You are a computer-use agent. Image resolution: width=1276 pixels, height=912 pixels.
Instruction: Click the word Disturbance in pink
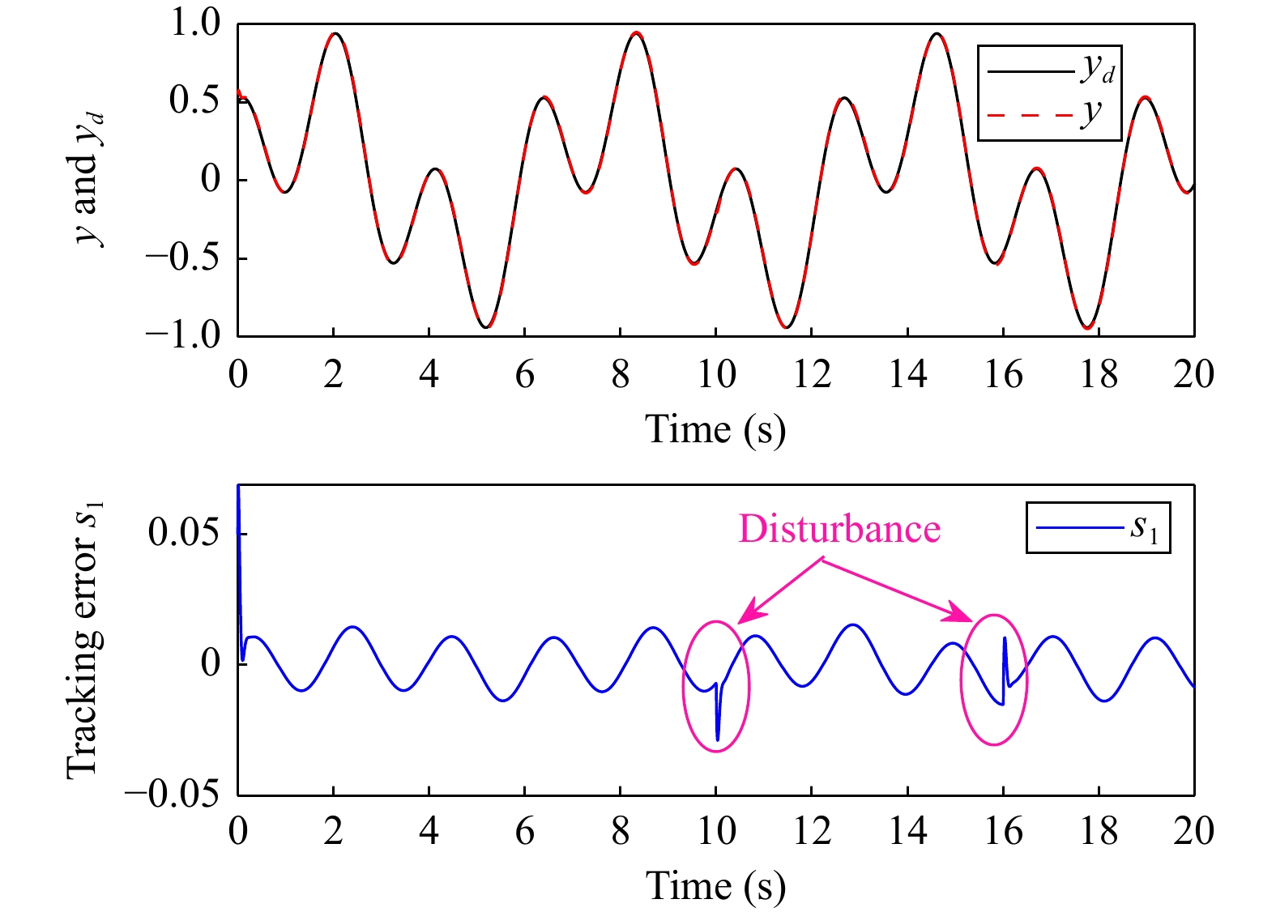[839, 529]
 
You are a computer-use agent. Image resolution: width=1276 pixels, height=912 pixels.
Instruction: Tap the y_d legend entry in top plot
[1050, 71]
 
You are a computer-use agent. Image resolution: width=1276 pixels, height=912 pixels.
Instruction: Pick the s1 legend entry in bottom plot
[1098, 528]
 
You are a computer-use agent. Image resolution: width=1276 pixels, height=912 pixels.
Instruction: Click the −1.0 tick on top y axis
[184, 334]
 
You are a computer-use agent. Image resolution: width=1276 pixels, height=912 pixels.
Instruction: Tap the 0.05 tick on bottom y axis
[185, 533]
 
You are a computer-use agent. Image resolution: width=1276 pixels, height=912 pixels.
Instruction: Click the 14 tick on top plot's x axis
[907, 375]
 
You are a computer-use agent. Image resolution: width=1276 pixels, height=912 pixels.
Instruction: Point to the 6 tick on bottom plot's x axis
[524, 832]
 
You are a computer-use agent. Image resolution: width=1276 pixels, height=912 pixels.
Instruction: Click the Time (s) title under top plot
[715, 428]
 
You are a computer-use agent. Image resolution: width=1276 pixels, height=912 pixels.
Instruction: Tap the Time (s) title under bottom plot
[715, 885]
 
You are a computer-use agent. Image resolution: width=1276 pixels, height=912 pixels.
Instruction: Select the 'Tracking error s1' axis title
[85, 640]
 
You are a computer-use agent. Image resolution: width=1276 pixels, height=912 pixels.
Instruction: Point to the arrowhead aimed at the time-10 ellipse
[746, 616]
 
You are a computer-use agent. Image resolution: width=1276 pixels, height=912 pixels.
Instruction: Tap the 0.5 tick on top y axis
[194, 100]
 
